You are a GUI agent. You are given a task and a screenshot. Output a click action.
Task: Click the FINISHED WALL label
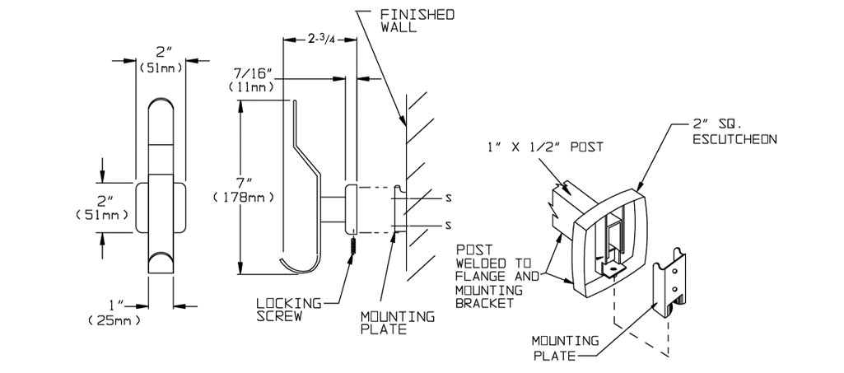tap(417, 21)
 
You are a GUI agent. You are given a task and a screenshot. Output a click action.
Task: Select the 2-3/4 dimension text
tap(321, 40)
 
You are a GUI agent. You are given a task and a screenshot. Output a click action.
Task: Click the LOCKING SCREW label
tap(288, 310)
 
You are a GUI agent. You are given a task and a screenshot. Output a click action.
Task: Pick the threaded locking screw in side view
tap(353, 246)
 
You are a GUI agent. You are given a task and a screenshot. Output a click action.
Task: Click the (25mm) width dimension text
tap(114, 321)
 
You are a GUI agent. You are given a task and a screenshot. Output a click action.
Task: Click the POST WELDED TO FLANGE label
tap(497, 277)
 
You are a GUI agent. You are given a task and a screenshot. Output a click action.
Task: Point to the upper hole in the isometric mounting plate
tap(673, 274)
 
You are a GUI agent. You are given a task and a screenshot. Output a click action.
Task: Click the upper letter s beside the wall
tap(447, 197)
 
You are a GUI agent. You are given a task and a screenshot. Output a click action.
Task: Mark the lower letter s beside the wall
tap(447, 225)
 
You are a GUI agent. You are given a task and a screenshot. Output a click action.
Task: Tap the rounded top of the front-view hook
tap(161, 107)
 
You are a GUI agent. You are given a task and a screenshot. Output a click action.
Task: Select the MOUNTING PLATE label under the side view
tap(397, 323)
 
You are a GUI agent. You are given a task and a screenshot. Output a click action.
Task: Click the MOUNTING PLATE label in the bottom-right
tap(565, 348)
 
